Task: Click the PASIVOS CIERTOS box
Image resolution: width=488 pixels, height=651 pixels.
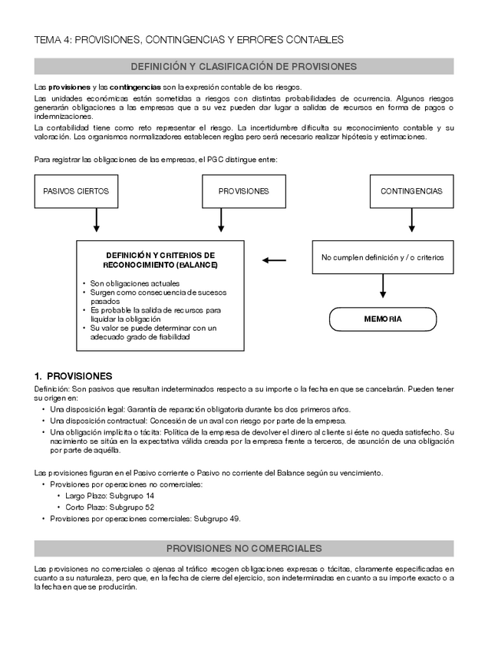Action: [x=76, y=191]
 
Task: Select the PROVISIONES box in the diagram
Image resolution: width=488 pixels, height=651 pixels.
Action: [x=243, y=191]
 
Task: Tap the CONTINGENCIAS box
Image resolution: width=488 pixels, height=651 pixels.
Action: [x=411, y=191]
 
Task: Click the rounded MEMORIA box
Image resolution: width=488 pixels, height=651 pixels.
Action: [x=382, y=319]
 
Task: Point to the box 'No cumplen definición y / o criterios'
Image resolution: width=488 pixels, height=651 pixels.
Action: [x=382, y=258]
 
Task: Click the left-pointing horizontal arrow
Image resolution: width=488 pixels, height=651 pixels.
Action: [x=274, y=260]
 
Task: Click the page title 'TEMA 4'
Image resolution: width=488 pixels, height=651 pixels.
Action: [x=189, y=39]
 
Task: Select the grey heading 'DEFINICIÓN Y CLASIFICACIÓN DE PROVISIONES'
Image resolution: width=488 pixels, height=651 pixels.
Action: [x=243, y=67]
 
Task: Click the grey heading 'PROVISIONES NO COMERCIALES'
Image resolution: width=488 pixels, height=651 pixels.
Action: [x=243, y=549]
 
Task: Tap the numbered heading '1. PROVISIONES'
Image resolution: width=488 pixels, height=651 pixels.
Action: [x=73, y=376]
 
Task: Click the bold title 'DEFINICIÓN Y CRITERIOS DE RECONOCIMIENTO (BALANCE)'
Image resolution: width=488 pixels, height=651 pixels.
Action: [x=160, y=259]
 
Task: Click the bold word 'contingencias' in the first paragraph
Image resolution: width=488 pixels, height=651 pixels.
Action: [x=135, y=87]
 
